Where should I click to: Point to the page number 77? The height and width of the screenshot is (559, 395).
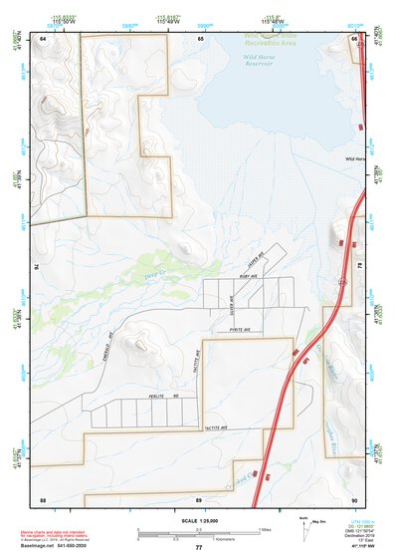point(198,547)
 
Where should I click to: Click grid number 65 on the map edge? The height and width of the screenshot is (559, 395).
point(200,38)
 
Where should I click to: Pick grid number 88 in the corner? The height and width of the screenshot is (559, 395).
point(43,498)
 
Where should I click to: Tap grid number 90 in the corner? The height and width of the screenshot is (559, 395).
point(353,498)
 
